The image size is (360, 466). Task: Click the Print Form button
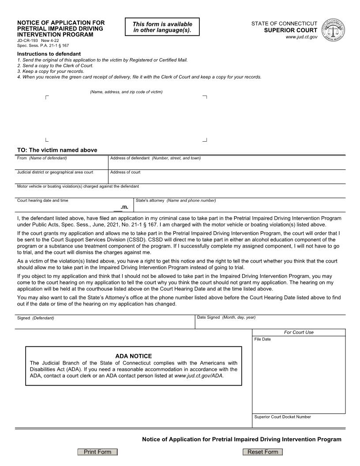tap(97, 452)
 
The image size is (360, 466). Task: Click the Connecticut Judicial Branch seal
tap(334, 30)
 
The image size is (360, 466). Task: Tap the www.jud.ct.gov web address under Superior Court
tap(301, 37)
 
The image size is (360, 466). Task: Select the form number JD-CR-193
tap(27, 40)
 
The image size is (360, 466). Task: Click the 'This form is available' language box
tap(162, 27)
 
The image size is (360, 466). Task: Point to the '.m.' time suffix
tap(124, 207)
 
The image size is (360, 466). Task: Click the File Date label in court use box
tap(262, 339)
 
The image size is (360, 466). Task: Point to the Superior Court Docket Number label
tap(282, 417)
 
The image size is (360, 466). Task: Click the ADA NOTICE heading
tap(133, 356)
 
